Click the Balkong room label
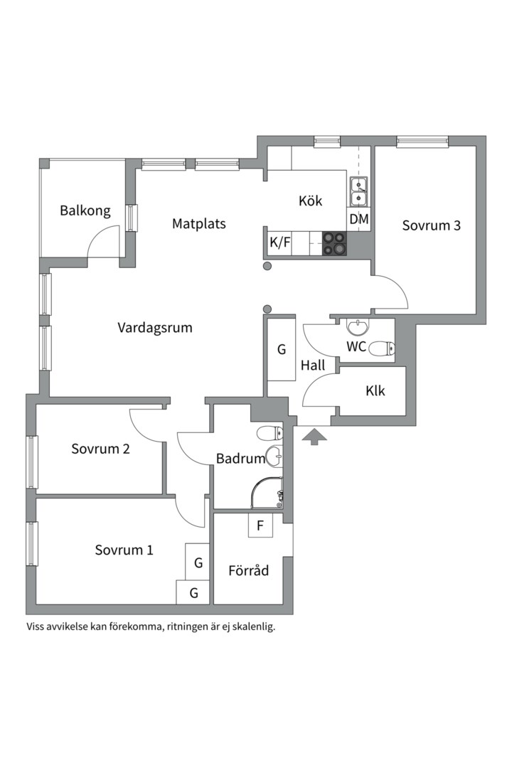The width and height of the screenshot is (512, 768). (85, 210)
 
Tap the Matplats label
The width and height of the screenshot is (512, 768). (199, 224)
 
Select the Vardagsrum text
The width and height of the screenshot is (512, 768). (155, 328)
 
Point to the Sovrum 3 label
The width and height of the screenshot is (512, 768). (431, 225)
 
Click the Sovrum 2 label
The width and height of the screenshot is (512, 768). (100, 449)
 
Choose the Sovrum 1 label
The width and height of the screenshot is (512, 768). (124, 550)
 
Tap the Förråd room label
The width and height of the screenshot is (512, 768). (248, 570)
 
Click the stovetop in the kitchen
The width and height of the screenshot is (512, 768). (334, 243)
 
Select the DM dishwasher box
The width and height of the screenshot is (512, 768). (359, 220)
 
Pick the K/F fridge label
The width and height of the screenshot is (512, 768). (279, 242)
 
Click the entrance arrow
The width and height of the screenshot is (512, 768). (314, 437)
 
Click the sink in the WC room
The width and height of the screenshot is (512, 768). (359, 326)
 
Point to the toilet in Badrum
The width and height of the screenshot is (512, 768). (270, 433)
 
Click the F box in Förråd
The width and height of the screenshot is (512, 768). (260, 526)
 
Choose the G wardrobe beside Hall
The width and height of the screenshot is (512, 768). (281, 349)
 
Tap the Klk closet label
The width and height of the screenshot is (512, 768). (375, 391)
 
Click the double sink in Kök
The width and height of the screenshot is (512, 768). (359, 192)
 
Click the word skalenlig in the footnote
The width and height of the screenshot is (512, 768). (255, 627)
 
